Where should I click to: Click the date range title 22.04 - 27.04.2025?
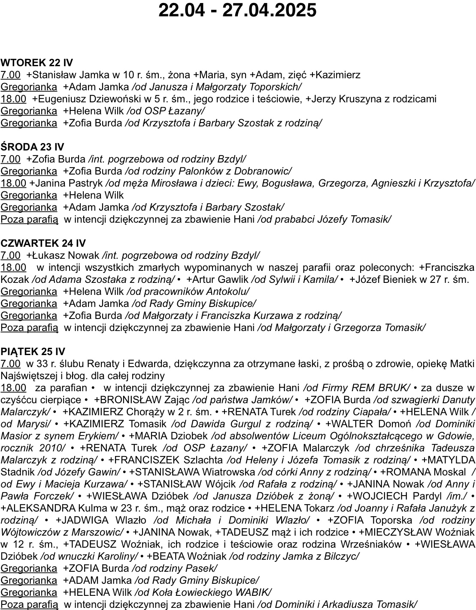click(x=237, y=10)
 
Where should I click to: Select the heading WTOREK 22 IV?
click(x=36, y=63)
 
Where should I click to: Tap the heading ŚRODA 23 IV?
click(x=32, y=147)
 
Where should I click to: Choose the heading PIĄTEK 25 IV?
click(x=33, y=352)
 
